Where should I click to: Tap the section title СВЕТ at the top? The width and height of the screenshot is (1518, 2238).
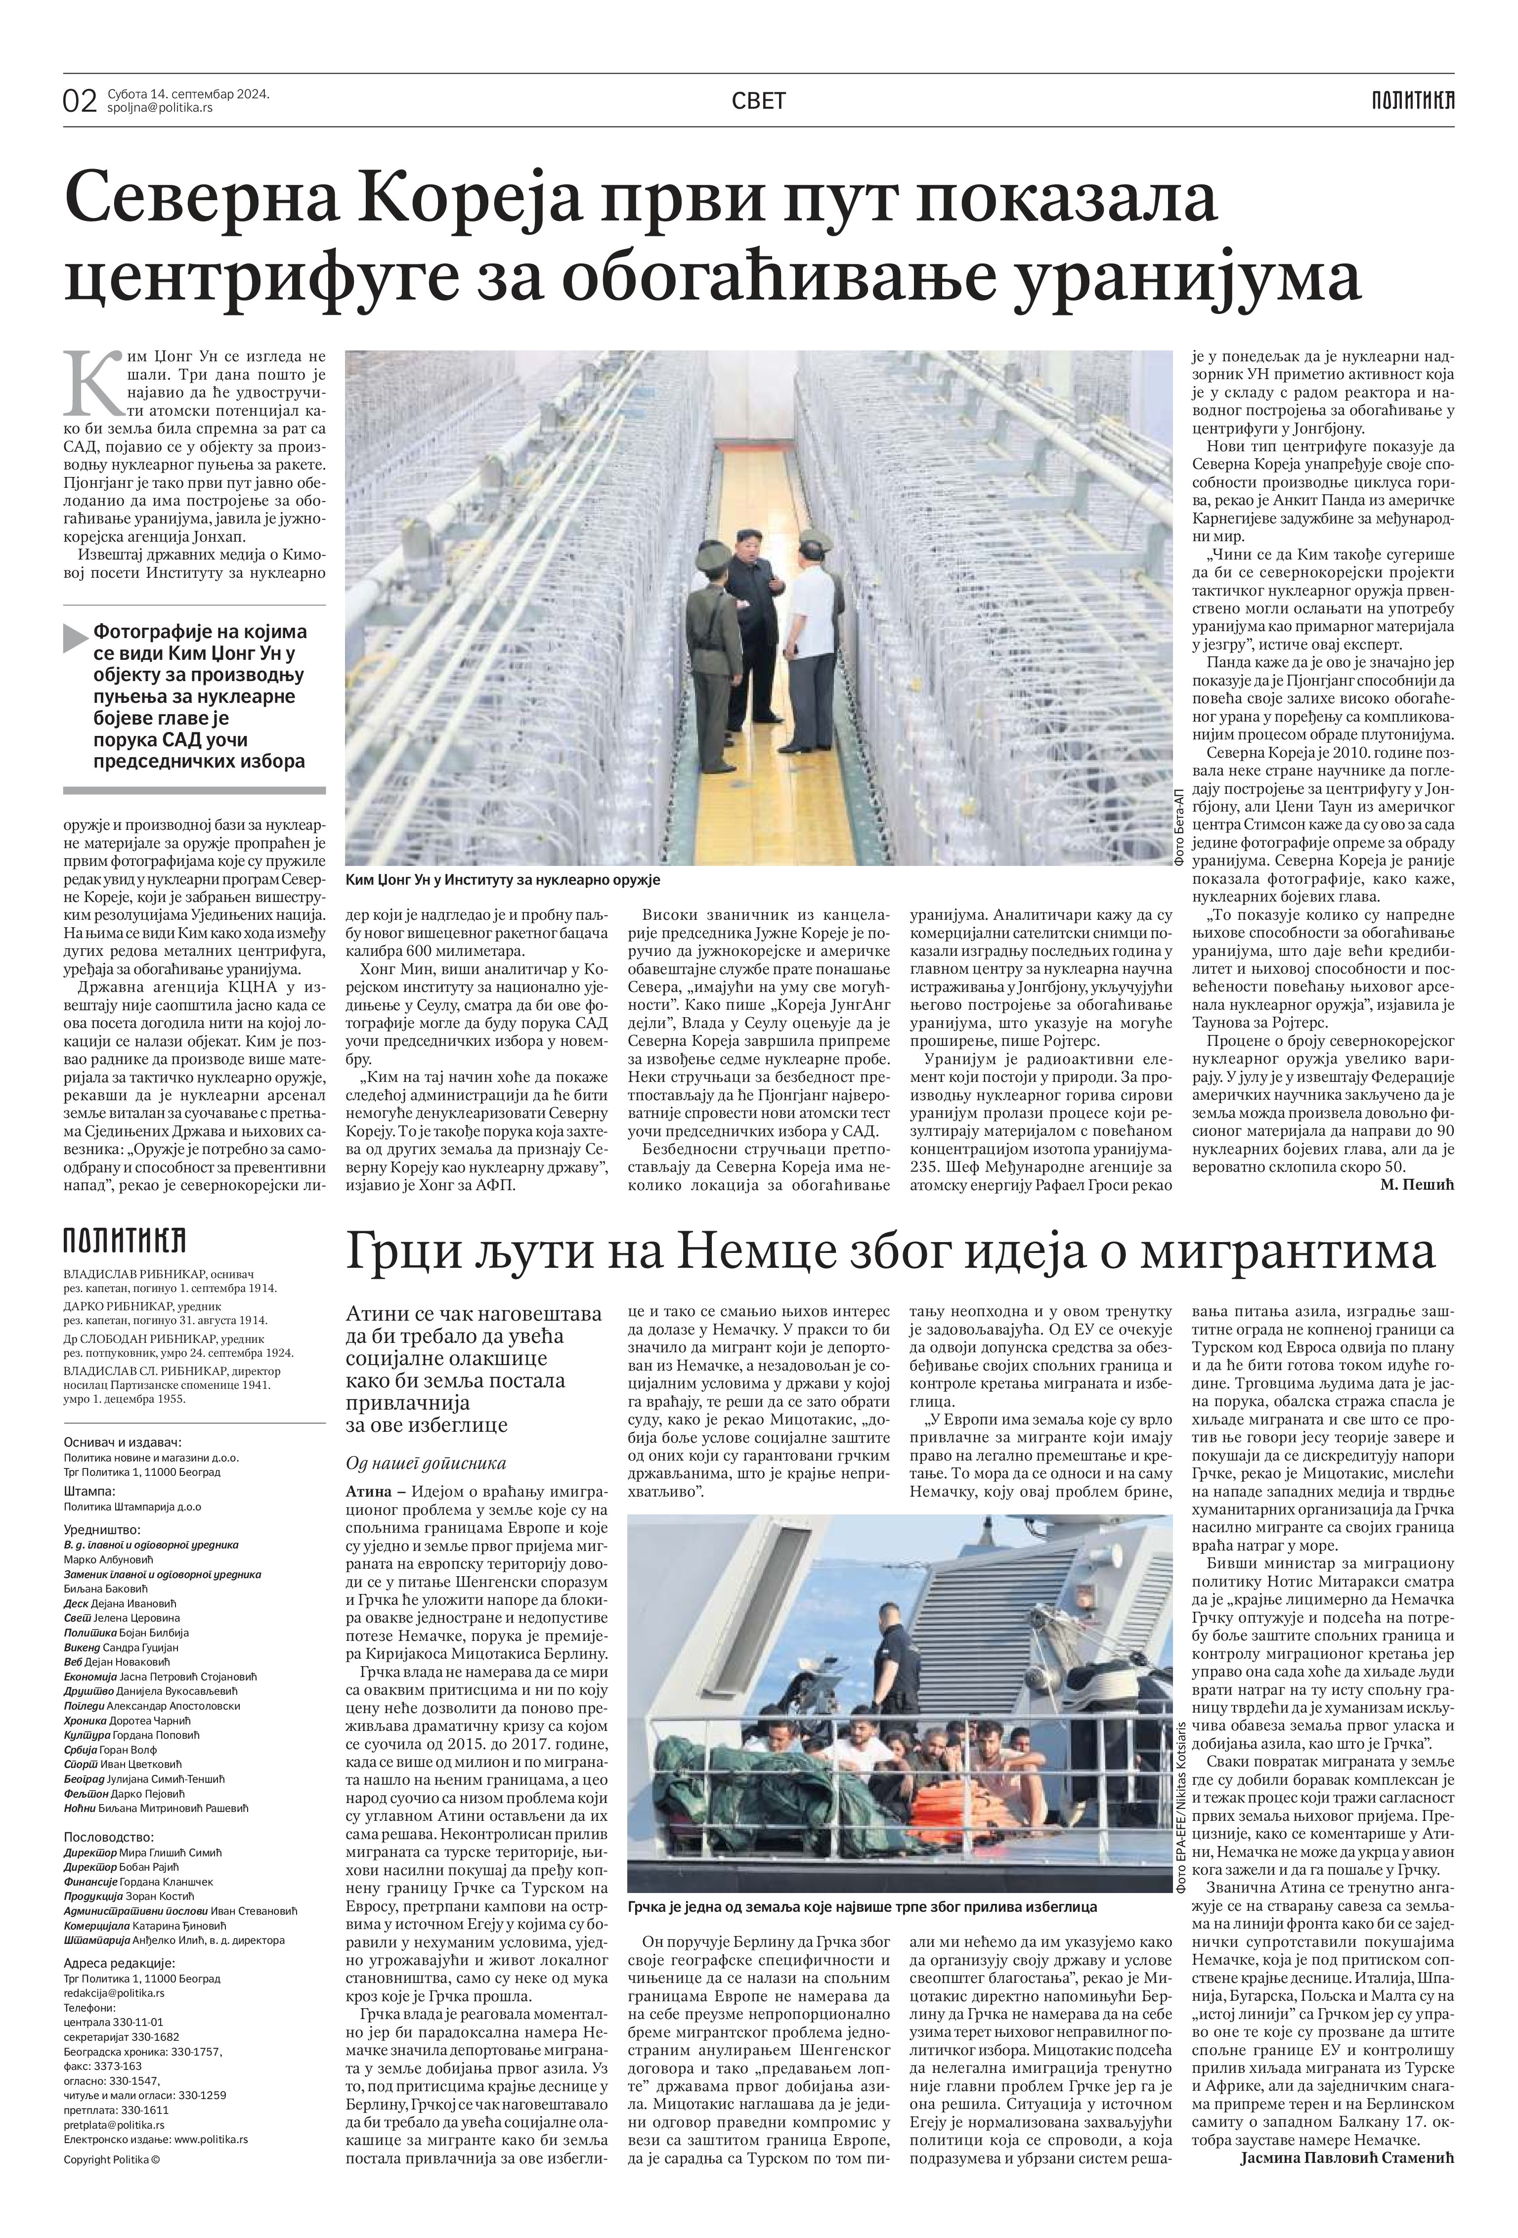pos(758,100)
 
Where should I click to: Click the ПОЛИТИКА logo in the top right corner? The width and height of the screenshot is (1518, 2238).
pos(1413,100)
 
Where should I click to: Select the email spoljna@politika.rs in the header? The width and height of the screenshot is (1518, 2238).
pos(160,108)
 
